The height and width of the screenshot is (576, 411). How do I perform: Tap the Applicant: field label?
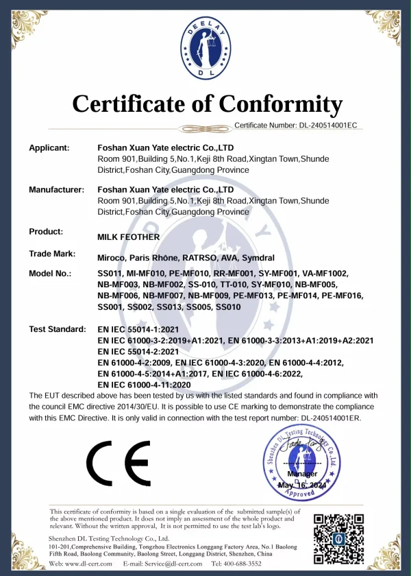(49, 147)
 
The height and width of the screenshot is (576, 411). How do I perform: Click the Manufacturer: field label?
(56, 189)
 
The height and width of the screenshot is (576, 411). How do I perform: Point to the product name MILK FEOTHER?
(129, 237)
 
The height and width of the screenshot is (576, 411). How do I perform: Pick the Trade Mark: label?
(52, 254)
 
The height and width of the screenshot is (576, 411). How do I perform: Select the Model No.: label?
(50, 274)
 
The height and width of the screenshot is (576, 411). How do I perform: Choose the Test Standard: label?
(58, 329)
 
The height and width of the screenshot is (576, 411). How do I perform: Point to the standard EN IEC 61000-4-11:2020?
(145, 385)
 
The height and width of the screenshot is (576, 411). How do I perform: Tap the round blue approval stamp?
(301, 460)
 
